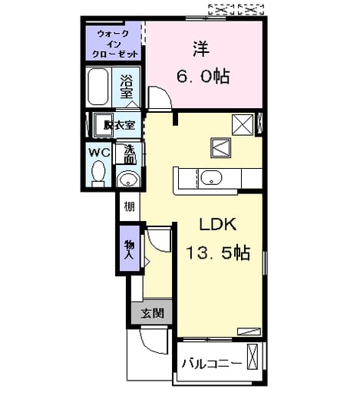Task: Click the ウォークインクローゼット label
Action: click(114, 44)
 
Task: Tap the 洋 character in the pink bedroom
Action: click(201, 49)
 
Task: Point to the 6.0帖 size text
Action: click(203, 76)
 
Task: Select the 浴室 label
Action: click(127, 87)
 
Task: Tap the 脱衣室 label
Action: click(120, 125)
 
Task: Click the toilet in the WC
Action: click(98, 174)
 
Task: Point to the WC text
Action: click(99, 153)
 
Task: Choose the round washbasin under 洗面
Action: click(128, 179)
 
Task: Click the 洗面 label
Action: click(130, 154)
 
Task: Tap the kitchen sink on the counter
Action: click(211, 177)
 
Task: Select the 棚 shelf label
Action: click(129, 206)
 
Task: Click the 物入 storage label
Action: click(130, 249)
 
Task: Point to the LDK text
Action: click(217, 224)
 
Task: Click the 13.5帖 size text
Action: click(218, 252)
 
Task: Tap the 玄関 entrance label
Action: click(153, 313)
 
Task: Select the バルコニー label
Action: click(212, 364)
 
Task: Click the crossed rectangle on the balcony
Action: click(253, 357)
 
